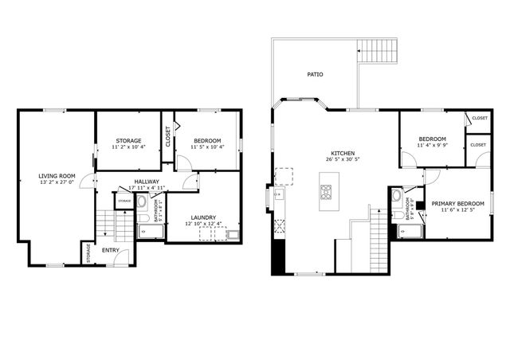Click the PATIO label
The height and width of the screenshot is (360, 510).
[315, 75]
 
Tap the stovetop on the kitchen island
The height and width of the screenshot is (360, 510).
[327, 191]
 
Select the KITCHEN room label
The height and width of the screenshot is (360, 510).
[343, 153]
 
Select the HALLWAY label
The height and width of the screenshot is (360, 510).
[146, 182]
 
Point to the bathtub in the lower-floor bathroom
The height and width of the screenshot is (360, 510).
[150, 232]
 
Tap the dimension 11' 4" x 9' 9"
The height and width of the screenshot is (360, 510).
[431, 145]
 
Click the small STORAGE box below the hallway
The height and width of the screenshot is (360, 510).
[124, 202]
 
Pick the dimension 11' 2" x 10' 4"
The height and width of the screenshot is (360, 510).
[128, 147]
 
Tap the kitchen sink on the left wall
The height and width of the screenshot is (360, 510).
[280, 194]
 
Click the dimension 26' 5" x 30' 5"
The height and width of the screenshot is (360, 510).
[343, 159]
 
